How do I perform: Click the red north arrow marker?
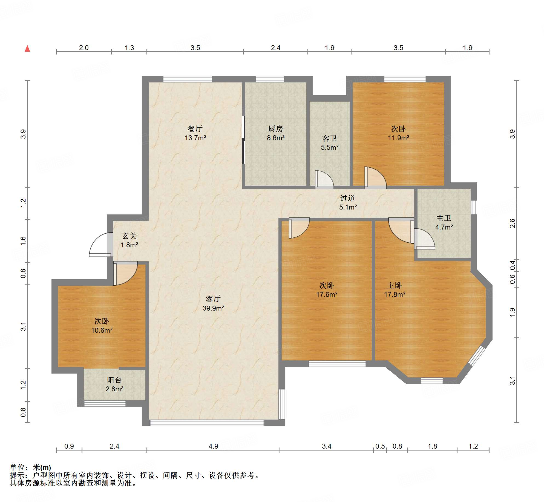pos(27,49)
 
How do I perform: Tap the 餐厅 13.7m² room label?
pos(195,133)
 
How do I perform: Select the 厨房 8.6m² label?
pos(276,133)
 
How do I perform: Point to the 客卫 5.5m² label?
pos(330,143)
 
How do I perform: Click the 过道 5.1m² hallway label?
pos(348,202)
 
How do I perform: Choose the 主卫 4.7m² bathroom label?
pos(444,222)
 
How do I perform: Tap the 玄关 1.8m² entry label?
pos(129,240)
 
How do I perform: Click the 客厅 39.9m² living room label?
pos(213,303)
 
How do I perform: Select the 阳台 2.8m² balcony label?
pos(114,384)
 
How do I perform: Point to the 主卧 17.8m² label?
pos(395,290)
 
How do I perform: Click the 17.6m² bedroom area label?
pos(327,294)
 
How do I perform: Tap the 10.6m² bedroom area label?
pos(102,330)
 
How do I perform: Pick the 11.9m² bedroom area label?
pos(398,138)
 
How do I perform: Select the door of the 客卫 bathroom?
pos(324,179)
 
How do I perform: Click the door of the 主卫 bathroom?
pos(424,239)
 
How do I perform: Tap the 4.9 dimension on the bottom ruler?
pos(213,446)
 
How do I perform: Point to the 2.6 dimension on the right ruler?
pos(512,223)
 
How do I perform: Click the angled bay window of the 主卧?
pos(477,356)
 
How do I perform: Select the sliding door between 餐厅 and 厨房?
pos(243,140)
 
